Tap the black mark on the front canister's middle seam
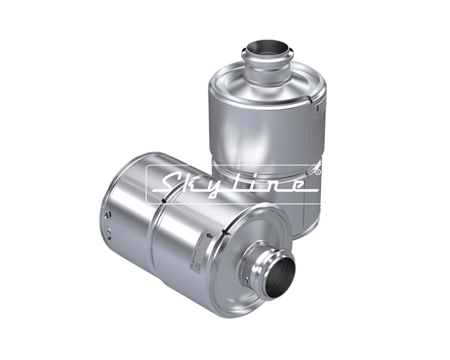click(163, 199)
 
